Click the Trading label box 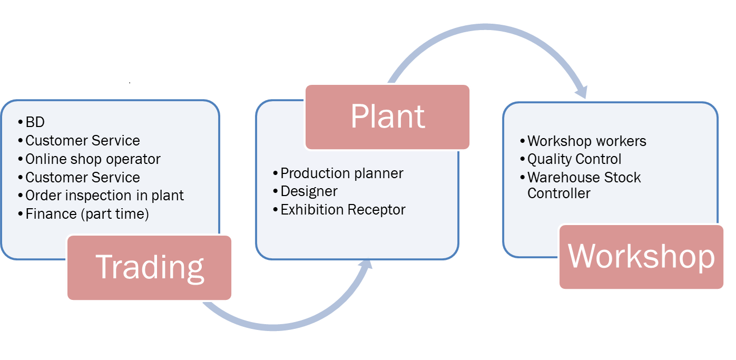[150, 268]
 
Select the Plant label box [387, 116]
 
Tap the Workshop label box [641, 257]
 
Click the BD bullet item [35, 122]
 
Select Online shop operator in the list [93, 159]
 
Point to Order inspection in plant [104, 196]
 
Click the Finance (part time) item [87, 214]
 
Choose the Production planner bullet [341, 173]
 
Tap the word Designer [309, 191]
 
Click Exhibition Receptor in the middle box [342, 209]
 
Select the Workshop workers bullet [586, 141]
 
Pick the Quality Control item [574, 159]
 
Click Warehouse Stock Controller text [584, 185]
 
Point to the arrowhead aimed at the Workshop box [581, 90]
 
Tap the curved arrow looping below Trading [274, 325]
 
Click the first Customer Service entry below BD [82, 141]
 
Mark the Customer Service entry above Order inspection [82, 177]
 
